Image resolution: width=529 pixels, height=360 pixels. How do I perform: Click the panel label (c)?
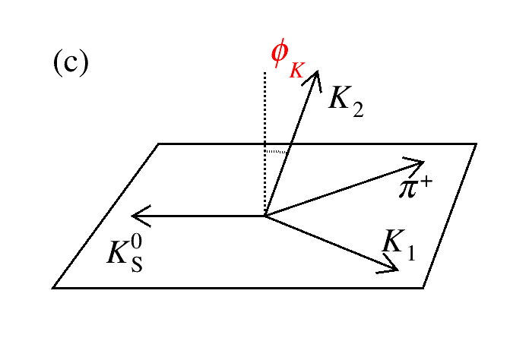tap(71, 63)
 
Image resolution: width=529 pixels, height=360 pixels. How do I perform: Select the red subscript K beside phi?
tap(297, 69)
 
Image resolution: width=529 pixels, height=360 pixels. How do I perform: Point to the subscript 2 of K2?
tap(356, 109)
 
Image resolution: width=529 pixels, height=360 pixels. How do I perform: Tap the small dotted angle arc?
tap(277, 152)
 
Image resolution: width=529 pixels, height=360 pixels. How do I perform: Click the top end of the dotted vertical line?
tap(264, 73)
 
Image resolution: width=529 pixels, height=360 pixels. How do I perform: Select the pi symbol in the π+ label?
tap(408, 186)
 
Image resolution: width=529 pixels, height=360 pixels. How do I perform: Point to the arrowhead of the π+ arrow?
tap(419, 163)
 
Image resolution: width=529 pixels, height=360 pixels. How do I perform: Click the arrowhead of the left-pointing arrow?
tap(135, 216)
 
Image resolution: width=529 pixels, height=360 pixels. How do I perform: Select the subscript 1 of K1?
tap(411, 253)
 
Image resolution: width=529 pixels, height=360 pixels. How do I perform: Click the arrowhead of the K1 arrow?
tap(394, 265)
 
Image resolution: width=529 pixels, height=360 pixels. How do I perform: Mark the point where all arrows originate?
tap(264, 216)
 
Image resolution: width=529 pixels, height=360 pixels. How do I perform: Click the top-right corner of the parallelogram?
tap(476, 144)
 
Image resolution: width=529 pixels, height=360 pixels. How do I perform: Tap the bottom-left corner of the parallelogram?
tap(52, 288)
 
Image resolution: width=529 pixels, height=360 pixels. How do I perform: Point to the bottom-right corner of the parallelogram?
tap(423, 288)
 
